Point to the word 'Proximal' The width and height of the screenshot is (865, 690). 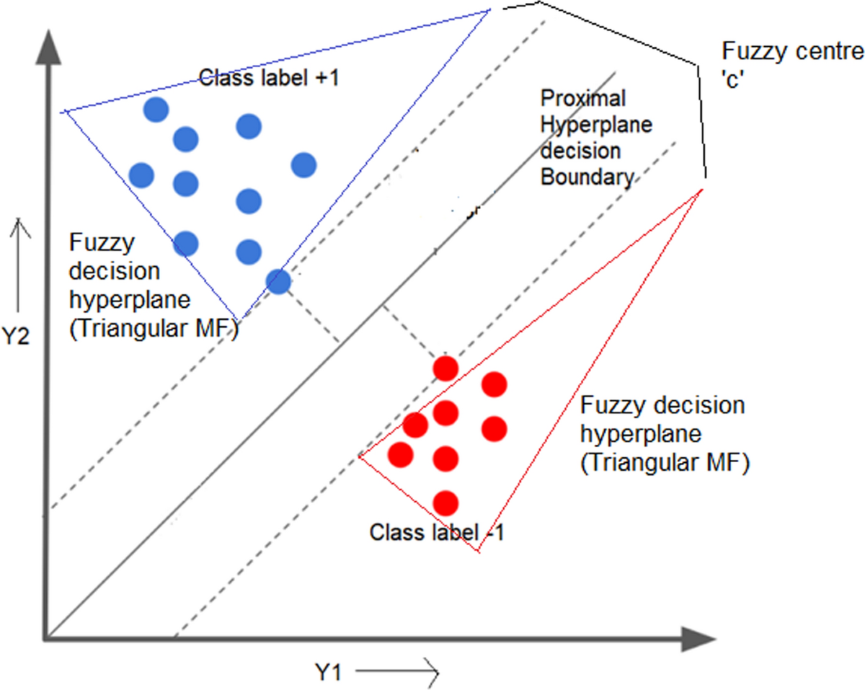582,97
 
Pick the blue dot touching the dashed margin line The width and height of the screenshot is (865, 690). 279,281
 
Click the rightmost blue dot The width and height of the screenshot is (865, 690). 304,165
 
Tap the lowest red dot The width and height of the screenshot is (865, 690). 446,503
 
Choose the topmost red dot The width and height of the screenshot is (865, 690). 446,368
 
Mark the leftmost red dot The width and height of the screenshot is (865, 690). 401,454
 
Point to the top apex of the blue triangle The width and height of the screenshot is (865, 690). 490,9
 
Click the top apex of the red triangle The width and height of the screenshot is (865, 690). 701,190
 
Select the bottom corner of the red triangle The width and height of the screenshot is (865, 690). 477,552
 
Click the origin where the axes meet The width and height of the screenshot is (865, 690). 48,637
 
